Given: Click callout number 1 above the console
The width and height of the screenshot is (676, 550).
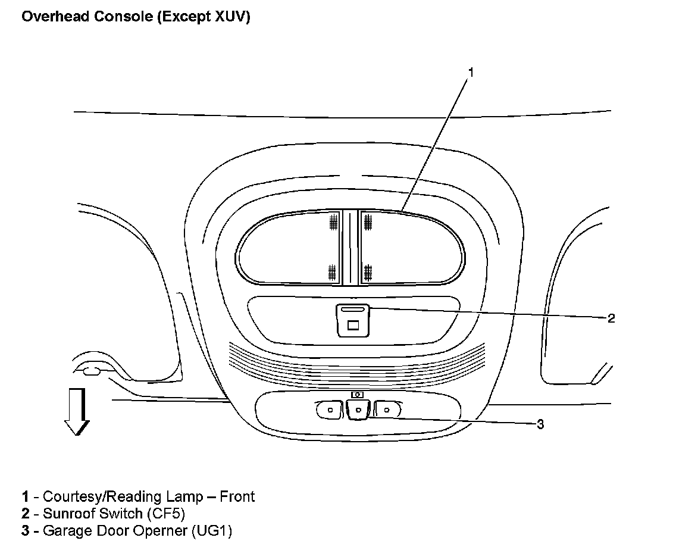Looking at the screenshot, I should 470,73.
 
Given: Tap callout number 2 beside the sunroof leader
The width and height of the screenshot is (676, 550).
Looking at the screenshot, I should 611,318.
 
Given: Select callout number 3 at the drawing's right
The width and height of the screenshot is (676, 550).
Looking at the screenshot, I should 540,424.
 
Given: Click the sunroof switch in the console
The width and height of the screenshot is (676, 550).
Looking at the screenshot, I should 353,320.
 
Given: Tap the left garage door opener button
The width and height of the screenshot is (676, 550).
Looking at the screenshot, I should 328,410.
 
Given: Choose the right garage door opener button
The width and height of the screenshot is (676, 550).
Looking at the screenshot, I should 387,409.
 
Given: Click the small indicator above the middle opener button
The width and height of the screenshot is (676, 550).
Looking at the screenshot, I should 357,394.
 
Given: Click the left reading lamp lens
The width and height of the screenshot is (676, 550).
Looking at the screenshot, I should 289,247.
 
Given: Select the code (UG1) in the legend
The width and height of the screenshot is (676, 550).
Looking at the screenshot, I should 212,530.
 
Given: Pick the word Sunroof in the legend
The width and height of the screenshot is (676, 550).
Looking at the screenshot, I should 67,513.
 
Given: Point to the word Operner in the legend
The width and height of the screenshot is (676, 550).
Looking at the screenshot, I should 158,530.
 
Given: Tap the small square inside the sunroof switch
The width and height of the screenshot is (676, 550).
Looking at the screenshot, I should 353,325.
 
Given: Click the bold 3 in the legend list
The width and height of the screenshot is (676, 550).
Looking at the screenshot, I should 26,530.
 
